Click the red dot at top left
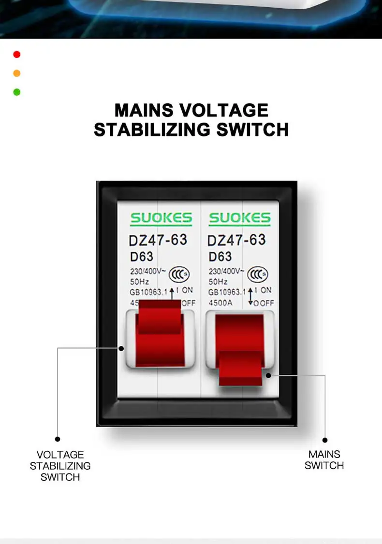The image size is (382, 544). point(16,55)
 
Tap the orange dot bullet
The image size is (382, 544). point(16,73)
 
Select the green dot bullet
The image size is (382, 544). point(16,92)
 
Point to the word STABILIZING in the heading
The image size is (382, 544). point(152,129)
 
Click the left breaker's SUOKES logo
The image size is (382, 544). point(161,218)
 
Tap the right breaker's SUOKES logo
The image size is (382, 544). point(240,218)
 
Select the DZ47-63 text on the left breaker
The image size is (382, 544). point(158,240)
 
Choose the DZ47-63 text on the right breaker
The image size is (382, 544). point(236,240)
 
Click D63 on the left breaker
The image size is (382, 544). point(141,257)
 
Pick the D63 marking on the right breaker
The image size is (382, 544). point(220,257)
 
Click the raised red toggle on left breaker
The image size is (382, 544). point(160,333)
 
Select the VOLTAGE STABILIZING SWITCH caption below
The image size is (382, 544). point(60,466)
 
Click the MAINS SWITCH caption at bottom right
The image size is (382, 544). point(324,460)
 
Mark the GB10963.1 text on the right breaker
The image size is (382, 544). point(227,292)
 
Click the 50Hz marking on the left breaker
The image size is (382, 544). point(139,282)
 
